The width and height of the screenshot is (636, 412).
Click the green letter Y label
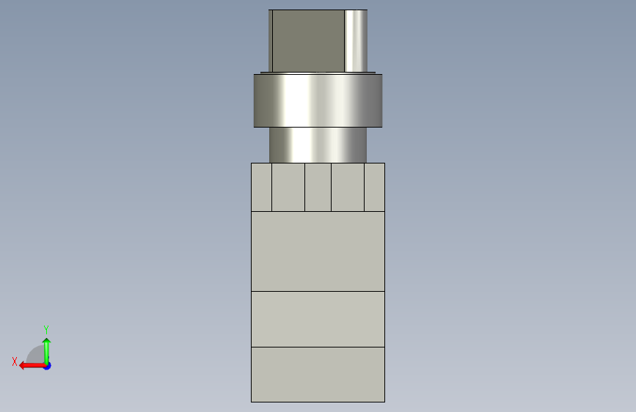pos(46,329)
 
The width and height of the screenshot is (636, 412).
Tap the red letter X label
pos(15,361)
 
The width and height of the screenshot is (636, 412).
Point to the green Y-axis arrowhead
pos(47,341)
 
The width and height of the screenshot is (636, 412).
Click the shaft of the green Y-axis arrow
pos(47,353)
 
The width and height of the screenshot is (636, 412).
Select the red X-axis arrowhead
pos(22,366)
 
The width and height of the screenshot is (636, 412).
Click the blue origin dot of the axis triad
pos(48,366)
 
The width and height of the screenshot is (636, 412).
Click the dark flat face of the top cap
pos(308,41)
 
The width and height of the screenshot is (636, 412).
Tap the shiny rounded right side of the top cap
pos(356,41)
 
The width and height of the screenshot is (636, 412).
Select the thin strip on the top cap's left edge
pos(270,41)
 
